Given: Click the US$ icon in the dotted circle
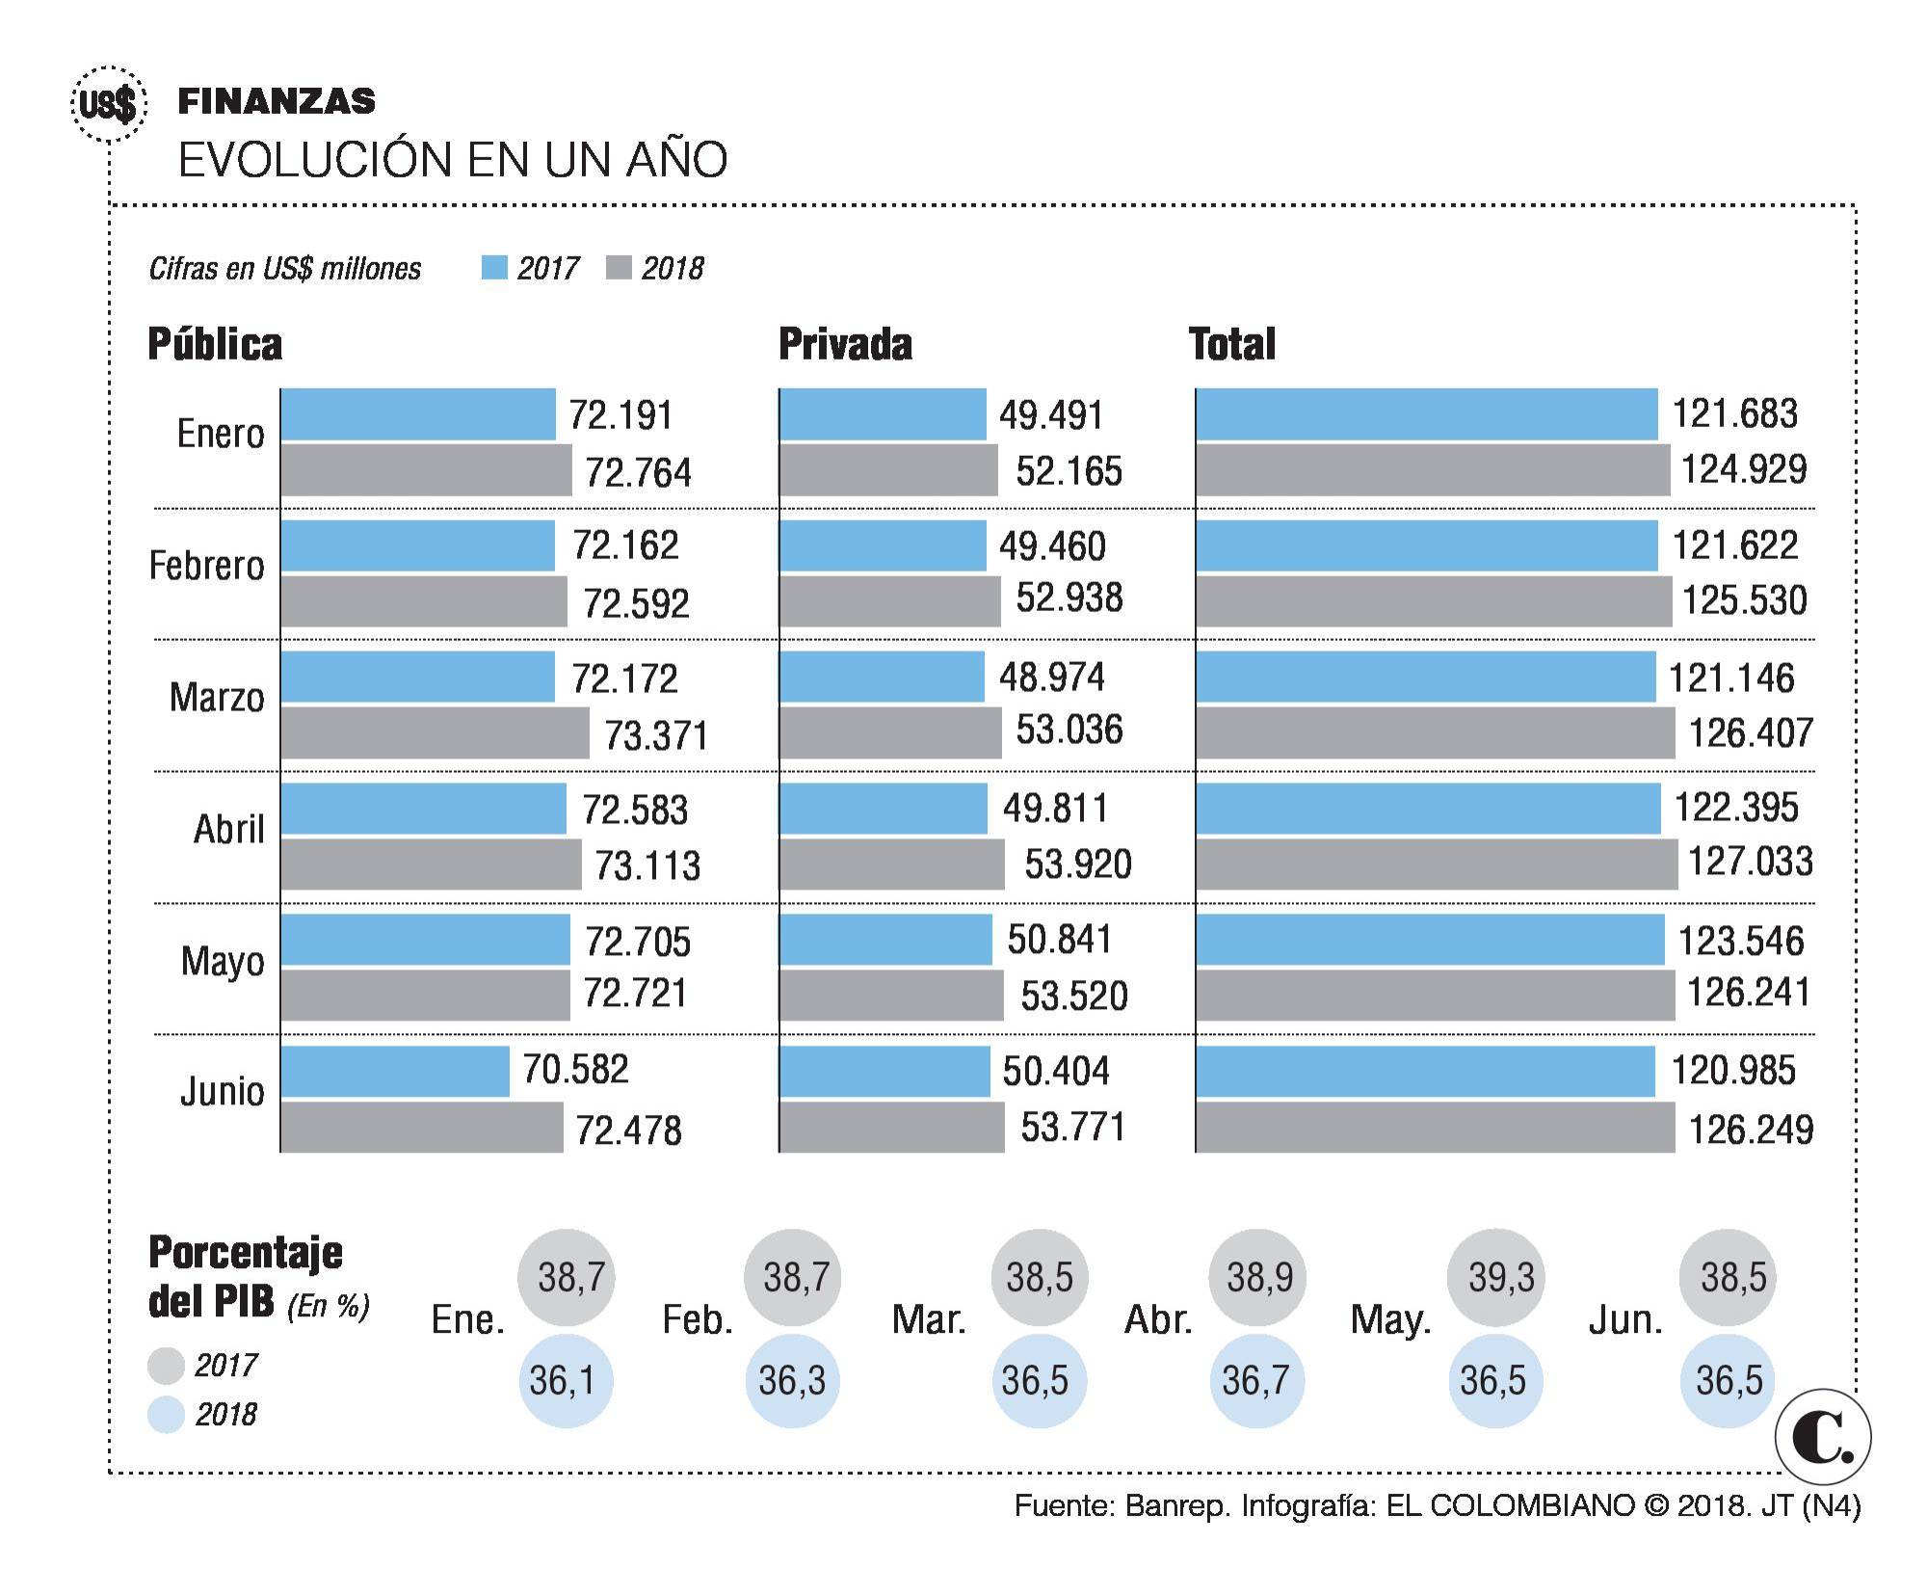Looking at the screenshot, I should coord(109,104).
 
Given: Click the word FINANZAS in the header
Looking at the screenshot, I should coord(277,100).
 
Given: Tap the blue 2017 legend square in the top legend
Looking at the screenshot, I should coord(494,267).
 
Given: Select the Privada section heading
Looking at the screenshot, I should coord(845,344).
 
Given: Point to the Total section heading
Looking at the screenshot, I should coord(1231,344).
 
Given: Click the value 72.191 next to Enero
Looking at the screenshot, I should coord(620,415).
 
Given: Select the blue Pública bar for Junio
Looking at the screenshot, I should coord(395,1071).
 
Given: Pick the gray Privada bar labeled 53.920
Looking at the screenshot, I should coord(891,864).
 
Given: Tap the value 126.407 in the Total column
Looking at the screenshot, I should coord(1751,733).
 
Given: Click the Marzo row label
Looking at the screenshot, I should coord(217,697).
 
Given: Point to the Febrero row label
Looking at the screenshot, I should coord(206,566).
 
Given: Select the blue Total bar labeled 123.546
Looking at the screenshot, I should coord(1429,939).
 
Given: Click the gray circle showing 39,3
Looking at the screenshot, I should coord(1495,1277).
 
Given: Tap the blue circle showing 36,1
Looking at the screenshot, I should coord(566,1380).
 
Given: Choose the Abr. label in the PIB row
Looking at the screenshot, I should coord(1158,1319).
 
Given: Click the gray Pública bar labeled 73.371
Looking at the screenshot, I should coord(435,732).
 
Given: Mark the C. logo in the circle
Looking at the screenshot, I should coord(1822,1437).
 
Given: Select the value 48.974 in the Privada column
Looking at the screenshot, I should coord(1051,678).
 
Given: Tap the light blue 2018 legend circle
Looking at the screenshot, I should coord(166,1414).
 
